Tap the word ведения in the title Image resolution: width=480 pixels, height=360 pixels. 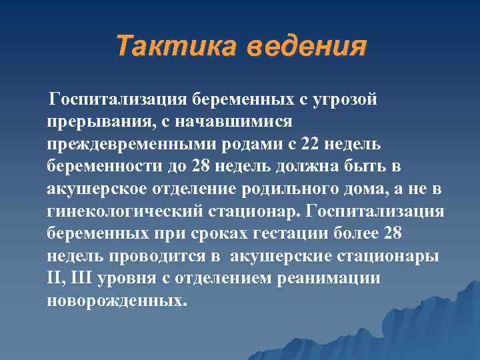coord(307,47)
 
